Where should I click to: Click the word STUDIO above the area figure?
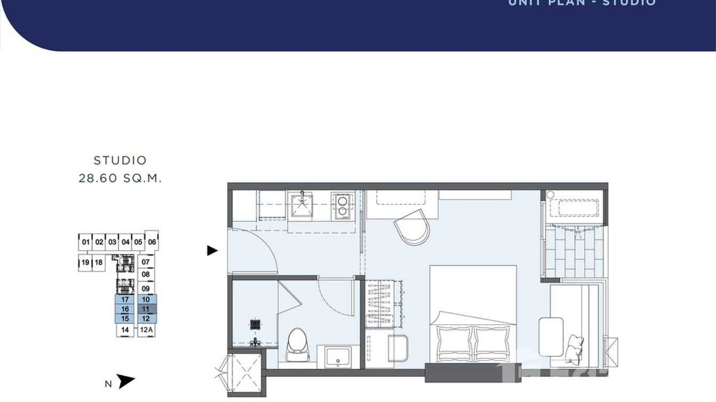120,160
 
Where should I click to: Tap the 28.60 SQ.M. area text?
120,178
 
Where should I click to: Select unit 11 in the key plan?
145,309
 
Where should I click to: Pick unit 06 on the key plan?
152,242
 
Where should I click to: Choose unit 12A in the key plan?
146,330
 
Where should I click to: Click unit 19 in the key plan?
85,262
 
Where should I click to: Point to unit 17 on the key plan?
125,300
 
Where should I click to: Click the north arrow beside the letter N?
126,381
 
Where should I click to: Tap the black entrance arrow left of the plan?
212,250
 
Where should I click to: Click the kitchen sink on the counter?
303,205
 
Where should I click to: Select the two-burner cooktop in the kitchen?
342,206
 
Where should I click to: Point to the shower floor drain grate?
256,324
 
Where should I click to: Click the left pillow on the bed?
454,343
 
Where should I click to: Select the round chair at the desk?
412,227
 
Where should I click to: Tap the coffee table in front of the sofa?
551,336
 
